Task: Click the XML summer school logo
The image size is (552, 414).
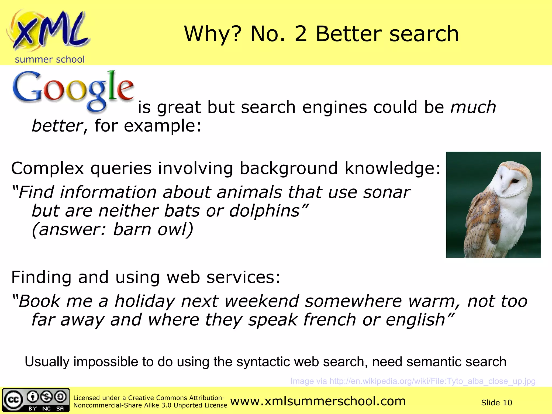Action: (49, 31)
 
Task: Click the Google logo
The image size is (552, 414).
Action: (73, 90)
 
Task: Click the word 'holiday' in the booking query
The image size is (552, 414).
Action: (145, 301)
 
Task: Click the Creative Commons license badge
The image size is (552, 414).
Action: (36, 400)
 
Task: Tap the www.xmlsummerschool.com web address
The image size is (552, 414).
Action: (318, 401)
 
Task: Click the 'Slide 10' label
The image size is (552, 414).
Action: (496, 403)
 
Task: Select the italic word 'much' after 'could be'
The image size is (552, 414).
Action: (473, 107)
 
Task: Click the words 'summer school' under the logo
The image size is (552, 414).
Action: (50, 59)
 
